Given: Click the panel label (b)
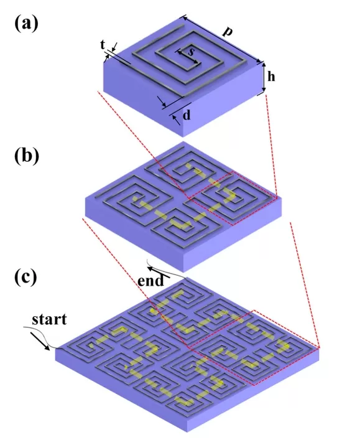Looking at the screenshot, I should (26, 155).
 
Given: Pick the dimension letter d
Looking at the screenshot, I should (187, 116).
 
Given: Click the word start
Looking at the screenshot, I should (49, 321).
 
